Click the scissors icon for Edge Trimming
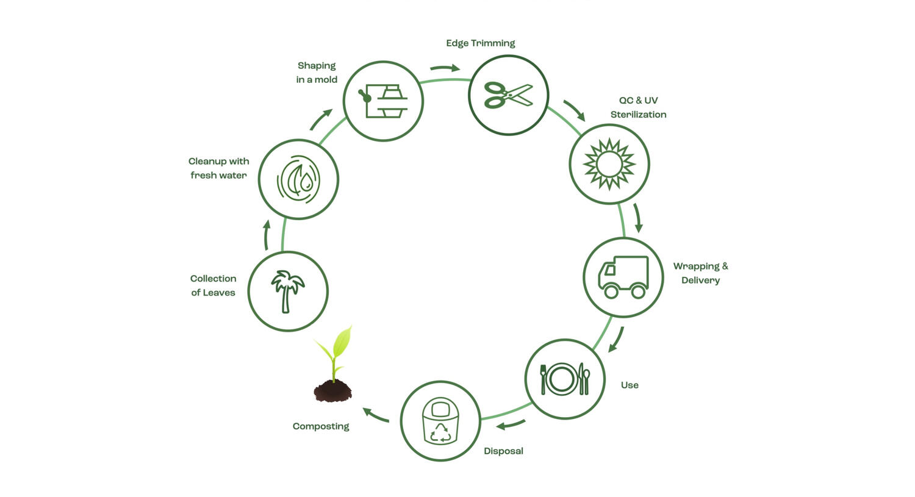coord(508,95)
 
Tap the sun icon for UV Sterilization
coord(609,164)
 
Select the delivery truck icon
coord(623,277)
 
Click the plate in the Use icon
coord(562,379)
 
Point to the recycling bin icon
coord(440,421)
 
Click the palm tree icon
coord(287,291)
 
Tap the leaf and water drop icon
coord(298,179)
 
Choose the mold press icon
coord(384,101)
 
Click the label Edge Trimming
coord(480,43)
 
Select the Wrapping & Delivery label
coord(700,273)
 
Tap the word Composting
coord(321,426)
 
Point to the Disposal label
coord(503,451)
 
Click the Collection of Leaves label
coord(213,285)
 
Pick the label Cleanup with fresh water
coord(218,168)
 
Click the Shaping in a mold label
coord(317,73)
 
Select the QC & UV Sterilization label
coord(638,107)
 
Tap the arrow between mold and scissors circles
coord(445,68)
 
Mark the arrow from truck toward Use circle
coord(616,340)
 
